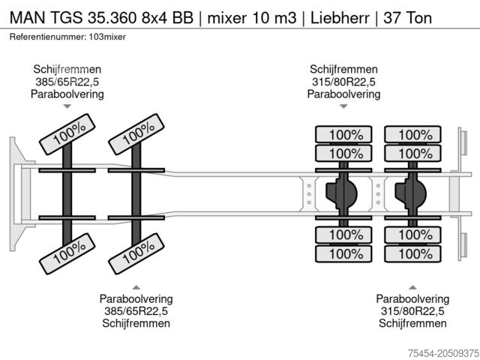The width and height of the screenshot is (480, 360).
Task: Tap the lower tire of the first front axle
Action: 68,253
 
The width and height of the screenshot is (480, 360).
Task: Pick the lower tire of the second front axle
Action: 137,253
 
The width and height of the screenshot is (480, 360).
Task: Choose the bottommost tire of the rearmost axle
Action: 414,253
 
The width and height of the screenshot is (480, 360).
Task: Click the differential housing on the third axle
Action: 341,194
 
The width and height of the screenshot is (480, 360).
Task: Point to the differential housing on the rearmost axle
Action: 411,194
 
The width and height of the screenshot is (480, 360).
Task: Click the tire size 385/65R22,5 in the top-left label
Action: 67,82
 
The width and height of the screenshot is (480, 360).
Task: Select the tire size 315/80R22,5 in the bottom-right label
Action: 412,311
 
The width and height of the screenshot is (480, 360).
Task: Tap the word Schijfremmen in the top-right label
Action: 343,69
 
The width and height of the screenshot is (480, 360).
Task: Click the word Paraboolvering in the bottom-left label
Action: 136,298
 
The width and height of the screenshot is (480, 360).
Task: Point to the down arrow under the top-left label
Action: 67,107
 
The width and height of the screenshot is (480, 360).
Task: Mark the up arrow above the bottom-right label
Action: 412,286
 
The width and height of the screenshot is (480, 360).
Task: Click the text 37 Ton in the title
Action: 407,16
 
